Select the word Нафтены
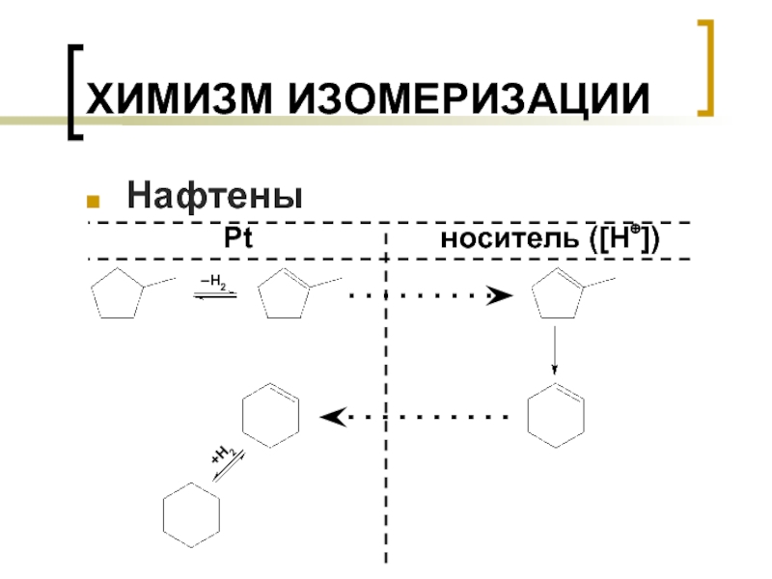click(x=214, y=197)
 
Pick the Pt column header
click(x=236, y=239)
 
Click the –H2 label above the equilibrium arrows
click(x=214, y=282)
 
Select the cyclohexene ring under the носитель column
click(x=557, y=415)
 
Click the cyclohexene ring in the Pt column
click(x=269, y=415)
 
